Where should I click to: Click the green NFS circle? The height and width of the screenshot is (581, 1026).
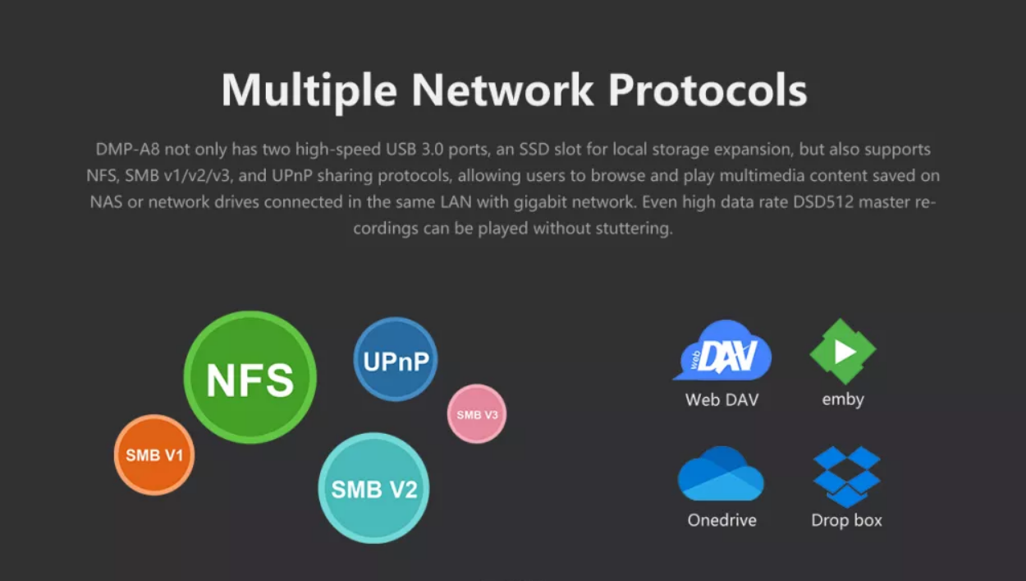click(x=250, y=377)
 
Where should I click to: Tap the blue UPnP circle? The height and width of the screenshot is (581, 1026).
click(x=396, y=360)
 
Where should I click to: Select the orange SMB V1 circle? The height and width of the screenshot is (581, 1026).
click(x=154, y=454)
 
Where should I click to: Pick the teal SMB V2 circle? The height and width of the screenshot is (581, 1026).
click(x=373, y=488)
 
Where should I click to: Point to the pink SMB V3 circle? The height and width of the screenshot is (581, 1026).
click(x=477, y=414)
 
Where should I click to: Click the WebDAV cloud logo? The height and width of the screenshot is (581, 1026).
click(x=722, y=352)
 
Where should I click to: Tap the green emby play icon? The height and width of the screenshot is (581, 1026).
click(x=843, y=352)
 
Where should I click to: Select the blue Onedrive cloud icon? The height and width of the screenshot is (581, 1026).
click(x=721, y=474)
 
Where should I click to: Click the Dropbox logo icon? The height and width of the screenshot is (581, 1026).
click(x=846, y=476)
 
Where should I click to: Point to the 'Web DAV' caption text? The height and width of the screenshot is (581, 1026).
click(x=722, y=400)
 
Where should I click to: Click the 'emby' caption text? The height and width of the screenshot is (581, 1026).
click(x=843, y=400)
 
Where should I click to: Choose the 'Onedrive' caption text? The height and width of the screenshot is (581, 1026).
click(x=722, y=520)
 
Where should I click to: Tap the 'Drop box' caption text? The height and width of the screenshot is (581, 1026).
click(x=846, y=520)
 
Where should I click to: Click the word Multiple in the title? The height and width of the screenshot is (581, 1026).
click(x=309, y=90)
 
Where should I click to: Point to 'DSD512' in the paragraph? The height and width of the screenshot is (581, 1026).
click(x=823, y=202)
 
